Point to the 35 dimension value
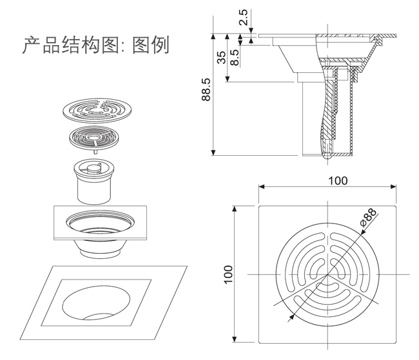222,58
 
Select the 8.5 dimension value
236,56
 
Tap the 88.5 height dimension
204,94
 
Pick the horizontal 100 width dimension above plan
337,180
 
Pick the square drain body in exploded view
99,227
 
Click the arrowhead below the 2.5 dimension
251,31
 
